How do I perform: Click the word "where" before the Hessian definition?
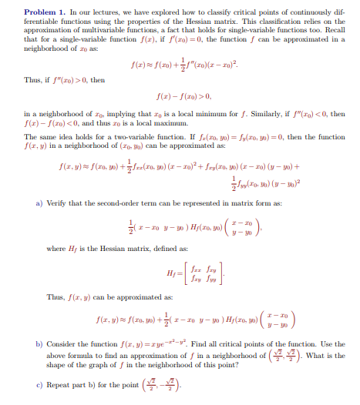click(57, 248)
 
